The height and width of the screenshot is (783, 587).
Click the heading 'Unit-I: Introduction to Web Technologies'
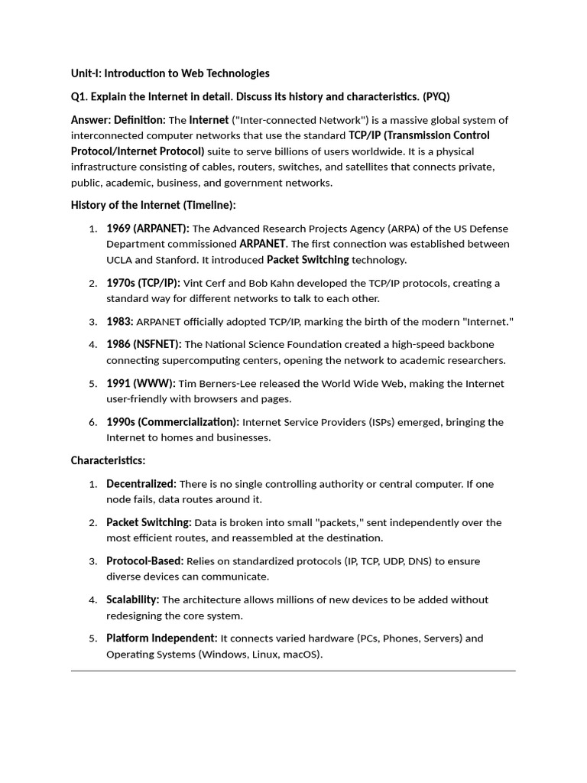click(x=170, y=73)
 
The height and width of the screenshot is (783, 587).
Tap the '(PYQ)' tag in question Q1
click(x=435, y=96)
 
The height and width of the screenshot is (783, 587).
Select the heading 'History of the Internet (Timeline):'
click(x=154, y=205)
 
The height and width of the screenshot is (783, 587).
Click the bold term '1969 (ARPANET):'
click(x=148, y=229)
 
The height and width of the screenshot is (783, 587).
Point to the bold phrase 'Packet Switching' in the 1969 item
click(x=307, y=260)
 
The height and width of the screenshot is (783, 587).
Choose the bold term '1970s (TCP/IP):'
click(x=143, y=283)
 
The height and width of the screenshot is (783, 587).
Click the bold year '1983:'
click(x=119, y=322)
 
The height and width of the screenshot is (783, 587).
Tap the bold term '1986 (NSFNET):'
click(x=144, y=345)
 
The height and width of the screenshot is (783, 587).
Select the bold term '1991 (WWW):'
click(x=141, y=383)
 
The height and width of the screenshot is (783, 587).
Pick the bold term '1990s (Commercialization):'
click(x=173, y=422)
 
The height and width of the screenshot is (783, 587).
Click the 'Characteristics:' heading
click(x=108, y=460)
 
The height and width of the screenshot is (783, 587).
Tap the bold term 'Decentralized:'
click(x=141, y=484)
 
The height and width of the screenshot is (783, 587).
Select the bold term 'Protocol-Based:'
click(x=144, y=561)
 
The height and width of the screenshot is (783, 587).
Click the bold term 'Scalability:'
click(x=132, y=599)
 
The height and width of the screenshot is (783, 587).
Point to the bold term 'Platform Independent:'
click(x=161, y=638)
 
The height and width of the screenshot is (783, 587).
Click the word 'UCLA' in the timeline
click(x=120, y=260)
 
